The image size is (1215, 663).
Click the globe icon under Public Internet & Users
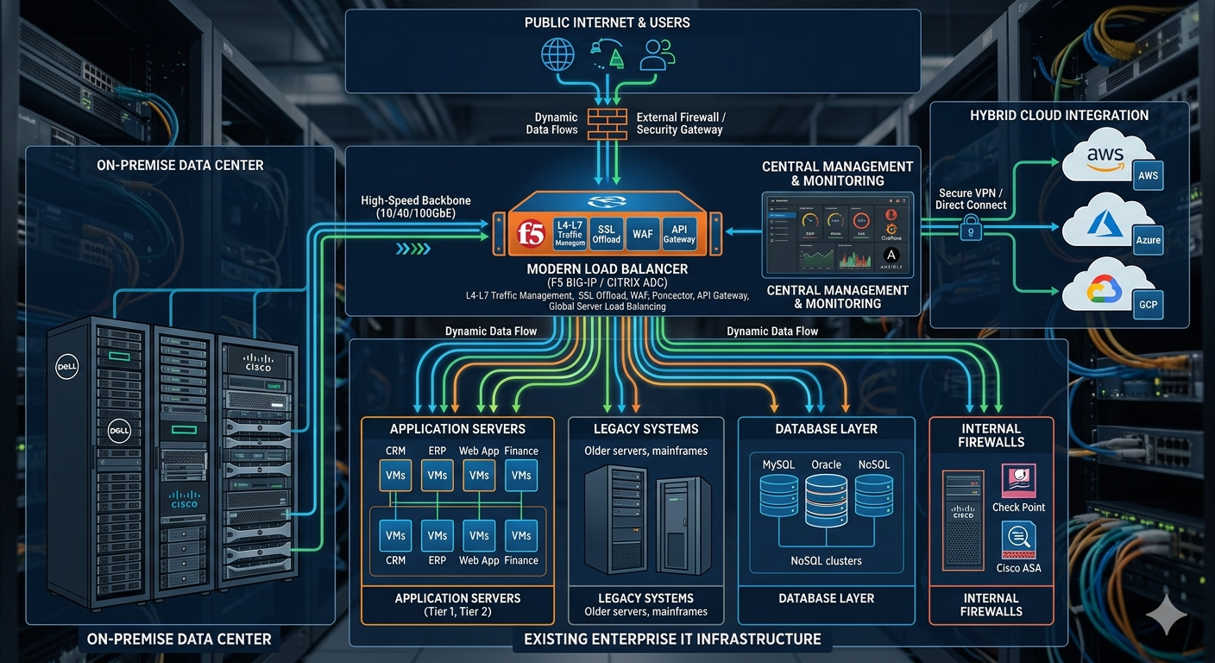pos(557,54)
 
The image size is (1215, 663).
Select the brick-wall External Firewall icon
pos(607,123)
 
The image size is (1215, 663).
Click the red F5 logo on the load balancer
pos(530,234)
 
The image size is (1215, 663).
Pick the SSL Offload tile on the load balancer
pos(607,234)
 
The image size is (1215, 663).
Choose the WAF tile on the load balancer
pos(643,234)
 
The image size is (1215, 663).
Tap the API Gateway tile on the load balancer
pos(679,234)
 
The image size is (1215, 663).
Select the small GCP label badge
pos(1148,305)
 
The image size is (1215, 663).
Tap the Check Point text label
pos(1018,508)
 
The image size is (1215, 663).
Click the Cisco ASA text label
pos(1018,568)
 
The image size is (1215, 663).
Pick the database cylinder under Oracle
pos(826,500)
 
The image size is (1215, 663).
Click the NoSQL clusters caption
pos(826,561)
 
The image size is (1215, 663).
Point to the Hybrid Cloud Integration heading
pos(1059,116)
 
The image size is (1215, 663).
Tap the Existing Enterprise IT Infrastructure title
pos(672,640)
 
